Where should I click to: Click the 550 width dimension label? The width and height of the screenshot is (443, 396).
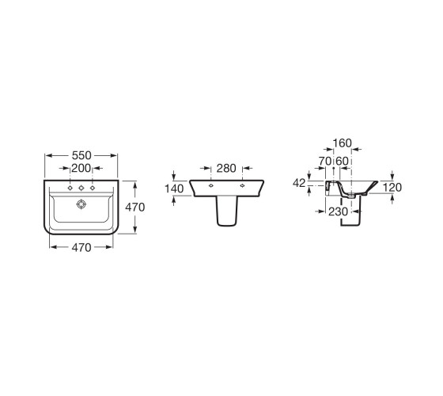(81, 155)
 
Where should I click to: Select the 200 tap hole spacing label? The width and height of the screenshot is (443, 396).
(81, 168)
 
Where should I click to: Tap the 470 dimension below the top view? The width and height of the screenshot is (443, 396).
(81, 248)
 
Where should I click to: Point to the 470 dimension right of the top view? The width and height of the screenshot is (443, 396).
(135, 208)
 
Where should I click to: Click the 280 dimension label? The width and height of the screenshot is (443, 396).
(226, 168)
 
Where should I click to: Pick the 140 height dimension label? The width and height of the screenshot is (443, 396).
(174, 188)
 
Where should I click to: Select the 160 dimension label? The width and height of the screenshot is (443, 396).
(342, 143)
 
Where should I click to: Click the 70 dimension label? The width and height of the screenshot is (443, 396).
(325, 162)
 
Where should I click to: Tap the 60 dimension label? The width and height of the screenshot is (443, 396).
(342, 162)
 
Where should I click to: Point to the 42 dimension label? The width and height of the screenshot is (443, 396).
(299, 183)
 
